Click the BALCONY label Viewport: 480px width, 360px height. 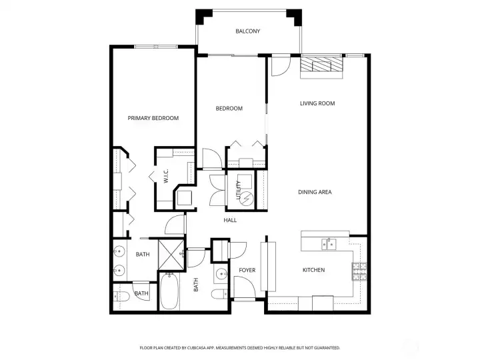click(247, 31)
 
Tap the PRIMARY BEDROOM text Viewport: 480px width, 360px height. click(153, 118)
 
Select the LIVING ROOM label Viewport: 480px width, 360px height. click(317, 103)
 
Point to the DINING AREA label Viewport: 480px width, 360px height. click(315, 192)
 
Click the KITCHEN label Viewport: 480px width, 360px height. click(313, 270)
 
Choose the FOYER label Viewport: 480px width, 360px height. click(247, 270)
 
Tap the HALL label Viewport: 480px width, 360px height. click(230, 220)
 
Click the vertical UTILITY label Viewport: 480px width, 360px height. click(238, 191)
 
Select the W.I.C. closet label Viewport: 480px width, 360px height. click(165, 176)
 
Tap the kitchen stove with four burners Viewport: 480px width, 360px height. click(359, 271)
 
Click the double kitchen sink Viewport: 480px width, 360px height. click(329, 244)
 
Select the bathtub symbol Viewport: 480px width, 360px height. click(169, 293)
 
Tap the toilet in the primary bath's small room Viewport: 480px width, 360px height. click(123, 297)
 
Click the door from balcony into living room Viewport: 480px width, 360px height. click(279, 65)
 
